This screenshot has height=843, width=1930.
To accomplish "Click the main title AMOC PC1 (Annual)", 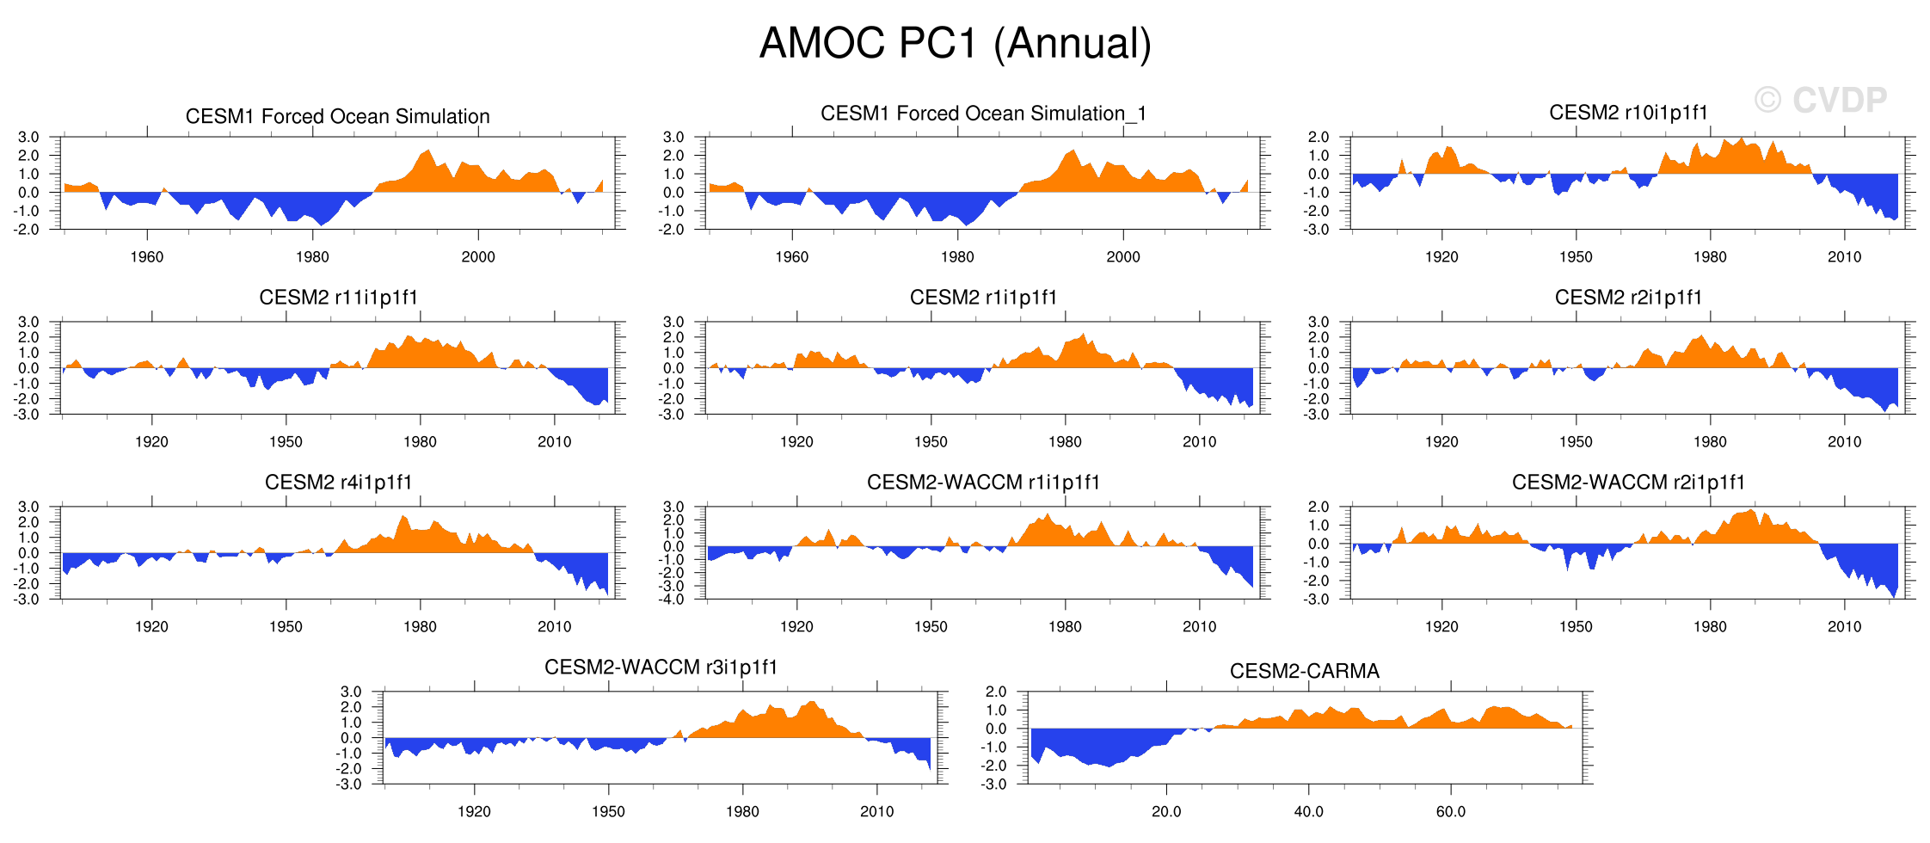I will (x=955, y=43).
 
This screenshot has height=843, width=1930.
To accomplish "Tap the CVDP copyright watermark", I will (x=1821, y=101).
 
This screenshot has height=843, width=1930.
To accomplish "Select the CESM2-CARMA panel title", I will (x=1304, y=671).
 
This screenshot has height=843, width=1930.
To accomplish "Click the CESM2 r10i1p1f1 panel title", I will (x=1628, y=113).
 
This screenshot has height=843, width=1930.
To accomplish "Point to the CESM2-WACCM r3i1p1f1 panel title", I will (x=661, y=668).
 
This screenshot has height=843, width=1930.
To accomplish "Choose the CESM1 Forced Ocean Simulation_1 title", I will (x=983, y=114).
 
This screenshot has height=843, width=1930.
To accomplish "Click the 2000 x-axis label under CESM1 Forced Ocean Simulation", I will (x=478, y=257).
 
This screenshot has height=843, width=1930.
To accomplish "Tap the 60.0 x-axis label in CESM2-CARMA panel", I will (x=1450, y=812).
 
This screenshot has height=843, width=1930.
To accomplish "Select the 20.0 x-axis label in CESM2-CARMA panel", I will (x=1165, y=812).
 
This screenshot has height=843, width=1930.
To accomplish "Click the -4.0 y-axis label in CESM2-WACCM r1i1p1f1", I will (x=673, y=600).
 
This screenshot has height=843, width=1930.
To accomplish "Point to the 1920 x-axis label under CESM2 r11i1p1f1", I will (x=151, y=442).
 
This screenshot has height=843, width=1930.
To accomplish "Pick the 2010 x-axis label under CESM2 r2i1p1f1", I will (x=1844, y=442).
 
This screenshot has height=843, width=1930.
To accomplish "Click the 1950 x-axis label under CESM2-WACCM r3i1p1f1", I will (x=608, y=812).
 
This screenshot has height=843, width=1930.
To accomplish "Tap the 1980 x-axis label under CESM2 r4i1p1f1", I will (x=420, y=627).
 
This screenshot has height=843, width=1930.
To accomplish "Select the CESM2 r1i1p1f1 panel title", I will (x=983, y=298).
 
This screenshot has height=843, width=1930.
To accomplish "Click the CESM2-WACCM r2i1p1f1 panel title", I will (x=1628, y=483).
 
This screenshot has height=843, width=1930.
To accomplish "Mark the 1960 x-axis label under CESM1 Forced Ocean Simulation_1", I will (x=791, y=257).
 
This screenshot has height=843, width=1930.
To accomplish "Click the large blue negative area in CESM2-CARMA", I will (x=1101, y=744).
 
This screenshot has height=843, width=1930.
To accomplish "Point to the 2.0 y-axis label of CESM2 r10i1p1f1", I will (x=1318, y=138).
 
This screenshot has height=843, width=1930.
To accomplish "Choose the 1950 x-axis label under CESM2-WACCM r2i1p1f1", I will (x=1576, y=627).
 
